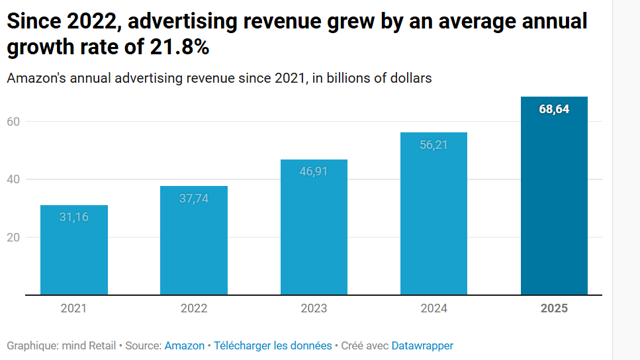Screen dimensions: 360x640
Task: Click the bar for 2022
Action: point(194,245)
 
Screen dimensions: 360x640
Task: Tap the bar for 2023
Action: point(314,232)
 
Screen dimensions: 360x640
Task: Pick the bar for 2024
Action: point(434,218)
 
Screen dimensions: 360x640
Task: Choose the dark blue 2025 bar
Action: point(554,199)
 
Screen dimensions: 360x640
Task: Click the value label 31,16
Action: point(74,216)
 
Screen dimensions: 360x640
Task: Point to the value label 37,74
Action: point(194,198)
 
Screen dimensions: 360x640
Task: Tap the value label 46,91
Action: point(314,171)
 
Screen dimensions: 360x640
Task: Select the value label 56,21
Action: point(434,144)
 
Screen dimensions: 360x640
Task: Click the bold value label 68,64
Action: point(554,109)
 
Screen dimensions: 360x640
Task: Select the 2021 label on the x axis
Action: point(73,308)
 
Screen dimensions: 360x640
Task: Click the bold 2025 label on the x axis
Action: point(554,308)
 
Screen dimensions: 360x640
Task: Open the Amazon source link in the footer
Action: point(184,345)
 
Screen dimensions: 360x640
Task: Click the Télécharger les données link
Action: point(273,345)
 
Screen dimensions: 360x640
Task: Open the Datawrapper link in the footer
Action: point(422,345)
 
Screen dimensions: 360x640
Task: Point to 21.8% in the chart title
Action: point(176,48)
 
